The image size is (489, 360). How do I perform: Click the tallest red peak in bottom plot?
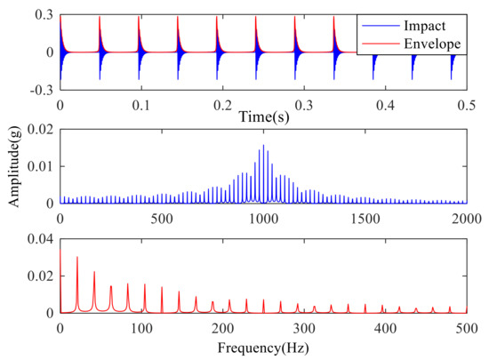tap(77, 258)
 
